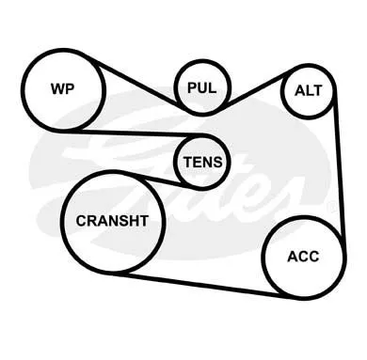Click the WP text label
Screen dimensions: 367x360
(x=63, y=88)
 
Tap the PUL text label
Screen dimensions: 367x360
(x=202, y=87)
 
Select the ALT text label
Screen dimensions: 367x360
(x=309, y=90)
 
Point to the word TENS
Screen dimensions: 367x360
(x=203, y=162)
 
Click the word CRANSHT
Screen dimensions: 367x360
(x=112, y=221)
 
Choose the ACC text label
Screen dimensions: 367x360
(x=303, y=257)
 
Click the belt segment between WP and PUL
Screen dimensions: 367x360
(x=136, y=83)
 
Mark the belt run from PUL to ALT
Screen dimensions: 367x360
(x=257, y=90)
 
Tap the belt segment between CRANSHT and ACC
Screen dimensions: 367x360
(x=200, y=285)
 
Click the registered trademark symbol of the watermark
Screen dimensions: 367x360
(x=331, y=207)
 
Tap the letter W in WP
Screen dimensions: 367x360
(x=58, y=88)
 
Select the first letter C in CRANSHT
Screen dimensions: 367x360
(x=81, y=221)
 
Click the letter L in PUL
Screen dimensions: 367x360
(x=213, y=87)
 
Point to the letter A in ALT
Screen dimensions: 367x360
(x=299, y=90)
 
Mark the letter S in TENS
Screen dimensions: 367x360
(x=217, y=162)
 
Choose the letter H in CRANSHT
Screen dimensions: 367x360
(x=135, y=221)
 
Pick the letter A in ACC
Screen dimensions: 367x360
(x=293, y=257)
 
